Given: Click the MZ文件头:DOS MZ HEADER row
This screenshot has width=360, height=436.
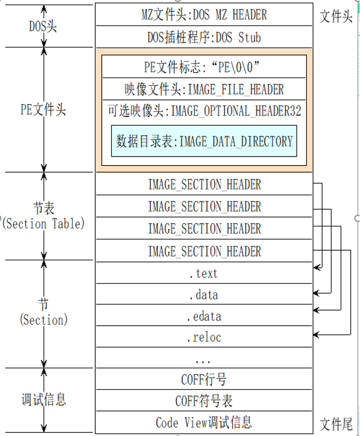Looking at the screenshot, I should click(x=204, y=15).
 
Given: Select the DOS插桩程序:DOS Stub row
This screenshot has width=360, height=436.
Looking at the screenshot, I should click(x=204, y=37).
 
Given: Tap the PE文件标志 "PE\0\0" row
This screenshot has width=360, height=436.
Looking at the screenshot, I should click(x=204, y=68).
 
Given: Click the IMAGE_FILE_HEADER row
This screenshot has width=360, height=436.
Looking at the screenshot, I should click(x=204, y=89).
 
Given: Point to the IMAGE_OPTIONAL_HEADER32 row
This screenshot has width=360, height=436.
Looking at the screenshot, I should click(x=204, y=111).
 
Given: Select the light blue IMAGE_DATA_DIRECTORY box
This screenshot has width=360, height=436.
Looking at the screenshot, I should click(x=204, y=141).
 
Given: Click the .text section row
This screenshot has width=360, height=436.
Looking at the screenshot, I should click(x=204, y=273).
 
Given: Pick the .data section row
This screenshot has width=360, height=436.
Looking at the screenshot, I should click(x=204, y=295).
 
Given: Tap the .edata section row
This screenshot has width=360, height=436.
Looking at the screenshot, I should click(x=204, y=316).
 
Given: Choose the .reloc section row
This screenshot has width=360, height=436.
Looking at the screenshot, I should click(x=204, y=337).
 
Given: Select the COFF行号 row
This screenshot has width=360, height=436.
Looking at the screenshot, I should click(x=204, y=379).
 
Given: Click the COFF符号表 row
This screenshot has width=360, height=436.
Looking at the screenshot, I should click(x=204, y=401).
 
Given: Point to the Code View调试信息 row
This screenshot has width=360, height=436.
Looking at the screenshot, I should click(x=204, y=422).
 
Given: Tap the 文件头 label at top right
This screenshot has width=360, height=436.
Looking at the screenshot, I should click(x=336, y=17).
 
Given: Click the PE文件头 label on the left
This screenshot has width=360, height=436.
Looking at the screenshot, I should click(x=43, y=110).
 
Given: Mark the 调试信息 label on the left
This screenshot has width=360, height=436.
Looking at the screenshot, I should click(x=44, y=400).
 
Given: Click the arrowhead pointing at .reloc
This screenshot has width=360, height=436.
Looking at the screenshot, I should click(x=316, y=334).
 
